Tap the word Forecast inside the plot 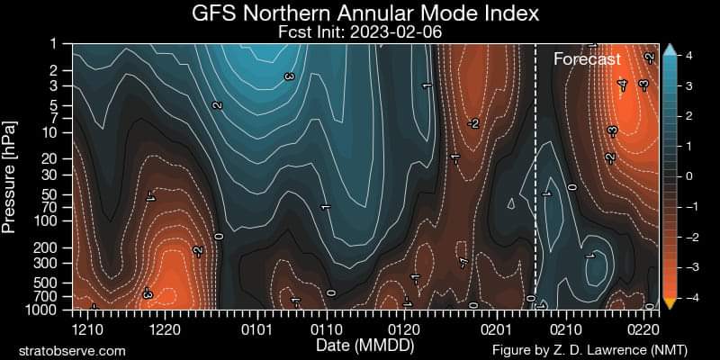tap(587, 59)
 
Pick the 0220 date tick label tap(644, 329)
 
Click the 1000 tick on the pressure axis tap(48, 310)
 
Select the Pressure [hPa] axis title tap(11, 176)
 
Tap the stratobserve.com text tap(72, 350)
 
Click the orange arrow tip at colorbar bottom tap(669, 303)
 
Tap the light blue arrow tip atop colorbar tap(669, 50)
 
